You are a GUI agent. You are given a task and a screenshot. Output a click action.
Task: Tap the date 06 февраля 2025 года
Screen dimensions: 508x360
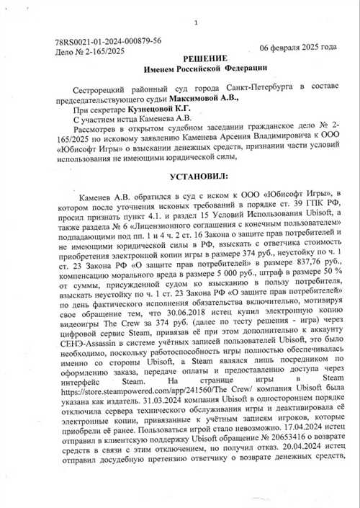[298, 48]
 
